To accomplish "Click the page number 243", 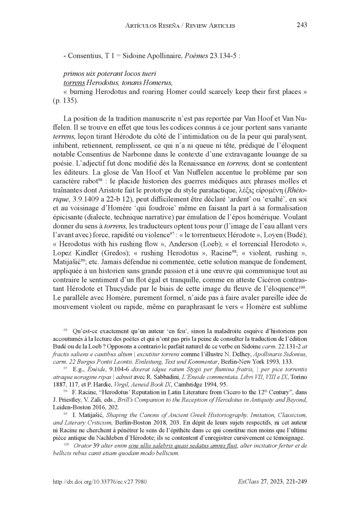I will (x=301, y=25).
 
